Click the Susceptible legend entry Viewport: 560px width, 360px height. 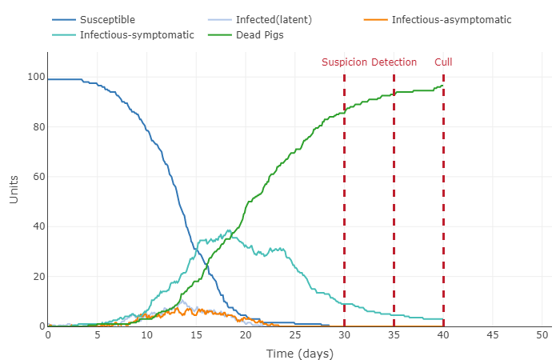[107, 19]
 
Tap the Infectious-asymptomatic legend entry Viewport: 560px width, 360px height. [450, 19]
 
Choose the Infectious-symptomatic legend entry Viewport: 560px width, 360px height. [137, 35]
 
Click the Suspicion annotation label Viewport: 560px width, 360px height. [345, 62]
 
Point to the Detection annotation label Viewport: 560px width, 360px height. [394, 62]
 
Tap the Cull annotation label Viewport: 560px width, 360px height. [443, 62]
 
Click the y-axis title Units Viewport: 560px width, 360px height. [14, 189]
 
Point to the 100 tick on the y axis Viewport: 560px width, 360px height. [34, 78]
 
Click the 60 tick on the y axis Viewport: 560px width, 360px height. [36, 177]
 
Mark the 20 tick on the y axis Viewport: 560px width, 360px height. [36, 277]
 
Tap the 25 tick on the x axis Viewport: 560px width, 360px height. [295, 334]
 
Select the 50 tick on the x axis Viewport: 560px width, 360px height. [542, 334]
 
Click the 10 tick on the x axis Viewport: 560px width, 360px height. [146, 334]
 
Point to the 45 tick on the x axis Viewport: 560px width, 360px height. [493, 334]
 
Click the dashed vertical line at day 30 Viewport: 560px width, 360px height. [344, 200]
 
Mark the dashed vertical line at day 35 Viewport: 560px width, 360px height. [394, 200]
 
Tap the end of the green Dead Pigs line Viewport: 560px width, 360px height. [442, 86]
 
